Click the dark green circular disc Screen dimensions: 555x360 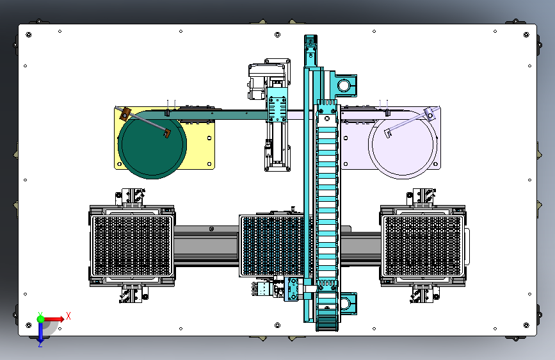[152, 145]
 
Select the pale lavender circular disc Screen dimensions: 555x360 [403, 145]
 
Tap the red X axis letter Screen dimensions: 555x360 [68, 316]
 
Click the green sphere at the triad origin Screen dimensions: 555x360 [41, 319]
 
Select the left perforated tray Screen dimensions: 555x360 [132, 245]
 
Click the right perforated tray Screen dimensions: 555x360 [423, 245]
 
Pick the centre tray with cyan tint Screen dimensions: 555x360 [273, 245]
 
